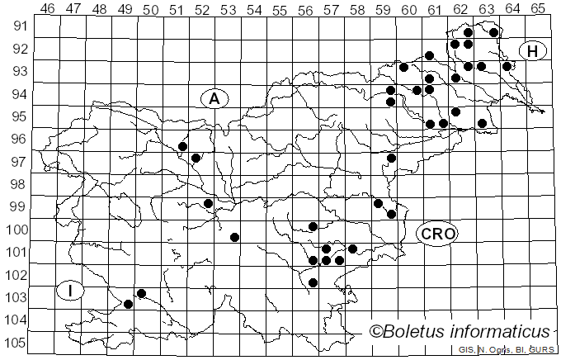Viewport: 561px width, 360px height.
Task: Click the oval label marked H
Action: tap(533, 51)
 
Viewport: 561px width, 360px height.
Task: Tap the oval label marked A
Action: tap(214, 98)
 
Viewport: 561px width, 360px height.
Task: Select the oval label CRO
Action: tap(437, 234)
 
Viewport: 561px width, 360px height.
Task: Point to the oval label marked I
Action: tap(72, 290)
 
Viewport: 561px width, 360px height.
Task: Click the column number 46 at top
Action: tap(48, 9)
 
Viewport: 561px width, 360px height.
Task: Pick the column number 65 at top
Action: tap(537, 9)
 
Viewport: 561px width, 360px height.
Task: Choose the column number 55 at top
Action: tap(280, 9)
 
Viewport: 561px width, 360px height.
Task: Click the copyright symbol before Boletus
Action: tap(375, 332)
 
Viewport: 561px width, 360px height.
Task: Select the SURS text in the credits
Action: tap(542, 351)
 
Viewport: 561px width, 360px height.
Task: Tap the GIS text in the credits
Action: tap(466, 351)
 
